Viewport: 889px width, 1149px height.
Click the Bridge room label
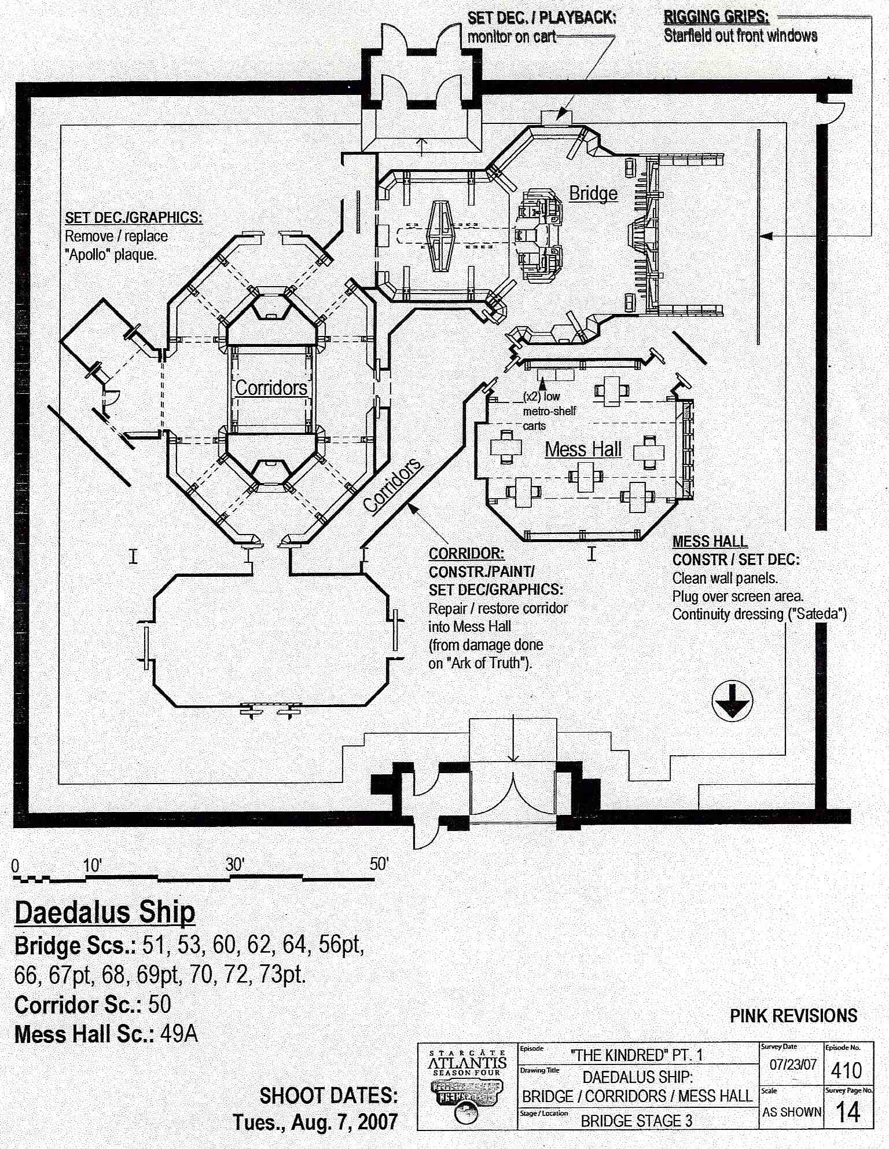tap(593, 193)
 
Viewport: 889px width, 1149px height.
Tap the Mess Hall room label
tap(583, 449)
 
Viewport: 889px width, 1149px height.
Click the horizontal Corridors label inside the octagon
tap(271, 387)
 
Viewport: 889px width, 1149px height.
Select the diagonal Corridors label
tap(393, 485)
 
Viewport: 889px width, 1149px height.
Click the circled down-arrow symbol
tap(732, 701)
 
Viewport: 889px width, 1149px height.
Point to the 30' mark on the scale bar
tap(235, 865)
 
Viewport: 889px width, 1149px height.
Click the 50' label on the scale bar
tap(379, 864)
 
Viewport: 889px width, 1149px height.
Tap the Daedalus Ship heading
tap(105, 913)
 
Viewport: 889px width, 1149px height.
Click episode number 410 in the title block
tap(846, 1070)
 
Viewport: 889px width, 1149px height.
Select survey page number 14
tap(848, 1112)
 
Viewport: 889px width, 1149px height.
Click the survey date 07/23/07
tap(792, 1065)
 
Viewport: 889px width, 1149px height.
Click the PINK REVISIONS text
tap(793, 1016)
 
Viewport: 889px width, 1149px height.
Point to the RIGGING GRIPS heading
tap(716, 17)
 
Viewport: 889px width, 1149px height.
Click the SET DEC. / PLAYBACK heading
tap(541, 17)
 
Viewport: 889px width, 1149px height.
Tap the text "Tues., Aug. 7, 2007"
tap(315, 1122)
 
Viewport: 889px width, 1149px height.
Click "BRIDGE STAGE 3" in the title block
tap(636, 1121)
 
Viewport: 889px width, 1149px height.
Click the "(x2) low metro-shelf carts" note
tap(549, 411)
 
